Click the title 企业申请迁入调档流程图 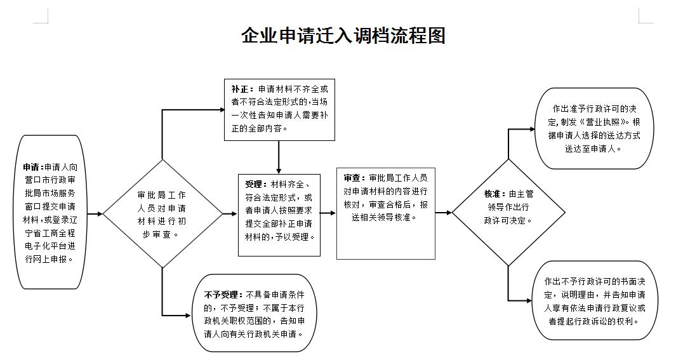point(343,36)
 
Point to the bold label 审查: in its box point(355,178)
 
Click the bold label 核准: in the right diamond point(495,194)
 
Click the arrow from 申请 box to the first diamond point(95,213)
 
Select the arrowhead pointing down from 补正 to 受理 point(279,170)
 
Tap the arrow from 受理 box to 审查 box point(328,213)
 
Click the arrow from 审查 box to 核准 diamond point(443,213)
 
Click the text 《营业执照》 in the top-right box point(600,123)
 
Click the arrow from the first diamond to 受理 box point(230,213)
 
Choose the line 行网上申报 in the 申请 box point(49,260)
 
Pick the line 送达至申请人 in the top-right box point(593,149)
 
